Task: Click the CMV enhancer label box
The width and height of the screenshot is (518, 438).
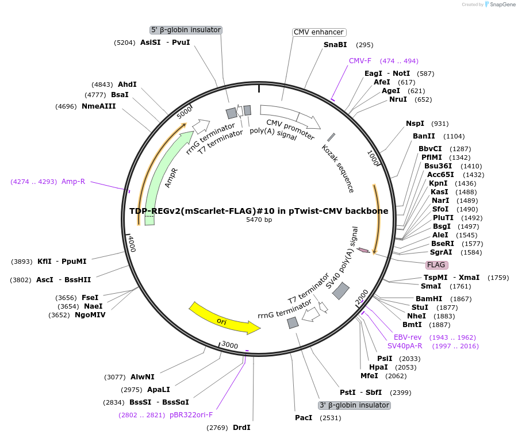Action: click(319, 32)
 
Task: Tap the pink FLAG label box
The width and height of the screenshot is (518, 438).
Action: click(436, 265)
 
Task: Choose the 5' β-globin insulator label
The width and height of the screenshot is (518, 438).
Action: click(186, 30)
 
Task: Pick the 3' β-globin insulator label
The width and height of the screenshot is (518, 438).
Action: click(354, 405)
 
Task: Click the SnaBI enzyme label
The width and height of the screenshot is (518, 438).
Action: click(335, 45)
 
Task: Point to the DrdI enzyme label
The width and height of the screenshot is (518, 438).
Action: click(241, 427)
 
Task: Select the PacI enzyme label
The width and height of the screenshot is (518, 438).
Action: click(303, 418)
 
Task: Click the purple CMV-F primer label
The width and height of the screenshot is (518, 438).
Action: click(360, 61)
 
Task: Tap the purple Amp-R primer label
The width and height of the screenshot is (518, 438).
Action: click(73, 182)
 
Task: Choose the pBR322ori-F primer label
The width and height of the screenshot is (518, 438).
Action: click(191, 415)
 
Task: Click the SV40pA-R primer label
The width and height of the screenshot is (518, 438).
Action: click(405, 346)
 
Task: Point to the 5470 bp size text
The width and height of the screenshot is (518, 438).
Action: click(259, 220)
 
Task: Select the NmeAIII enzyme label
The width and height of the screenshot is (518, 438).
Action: click(98, 106)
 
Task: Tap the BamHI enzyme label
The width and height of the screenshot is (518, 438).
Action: click(428, 299)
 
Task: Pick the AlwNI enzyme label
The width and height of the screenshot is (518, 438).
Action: click(142, 377)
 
